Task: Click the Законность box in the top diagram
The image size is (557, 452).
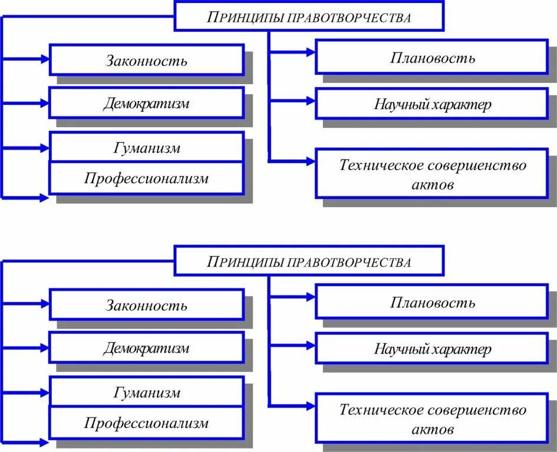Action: click(x=146, y=60)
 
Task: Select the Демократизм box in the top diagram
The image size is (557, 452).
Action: click(x=146, y=104)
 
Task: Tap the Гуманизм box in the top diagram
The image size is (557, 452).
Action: click(x=146, y=148)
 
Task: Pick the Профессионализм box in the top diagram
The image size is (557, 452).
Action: click(x=146, y=178)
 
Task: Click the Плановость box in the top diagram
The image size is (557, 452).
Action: click(x=432, y=57)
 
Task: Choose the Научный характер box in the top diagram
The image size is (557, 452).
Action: click(x=432, y=104)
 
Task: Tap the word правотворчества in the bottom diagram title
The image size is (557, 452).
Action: click(x=349, y=262)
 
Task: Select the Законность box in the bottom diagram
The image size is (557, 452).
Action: click(x=146, y=305)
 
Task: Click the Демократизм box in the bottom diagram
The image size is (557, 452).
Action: click(x=146, y=348)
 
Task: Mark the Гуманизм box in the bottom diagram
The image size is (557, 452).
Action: click(x=146, y=392)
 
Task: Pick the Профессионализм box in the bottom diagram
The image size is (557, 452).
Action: click(x=146, y=423)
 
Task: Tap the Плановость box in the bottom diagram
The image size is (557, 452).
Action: click(x=432, y=302)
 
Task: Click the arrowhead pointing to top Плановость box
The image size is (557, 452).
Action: click(x=310, y=52)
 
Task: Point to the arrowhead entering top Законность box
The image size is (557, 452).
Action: click(x=44, y=59)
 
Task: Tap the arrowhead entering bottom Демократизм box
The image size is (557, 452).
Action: click(x=44, y=347)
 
